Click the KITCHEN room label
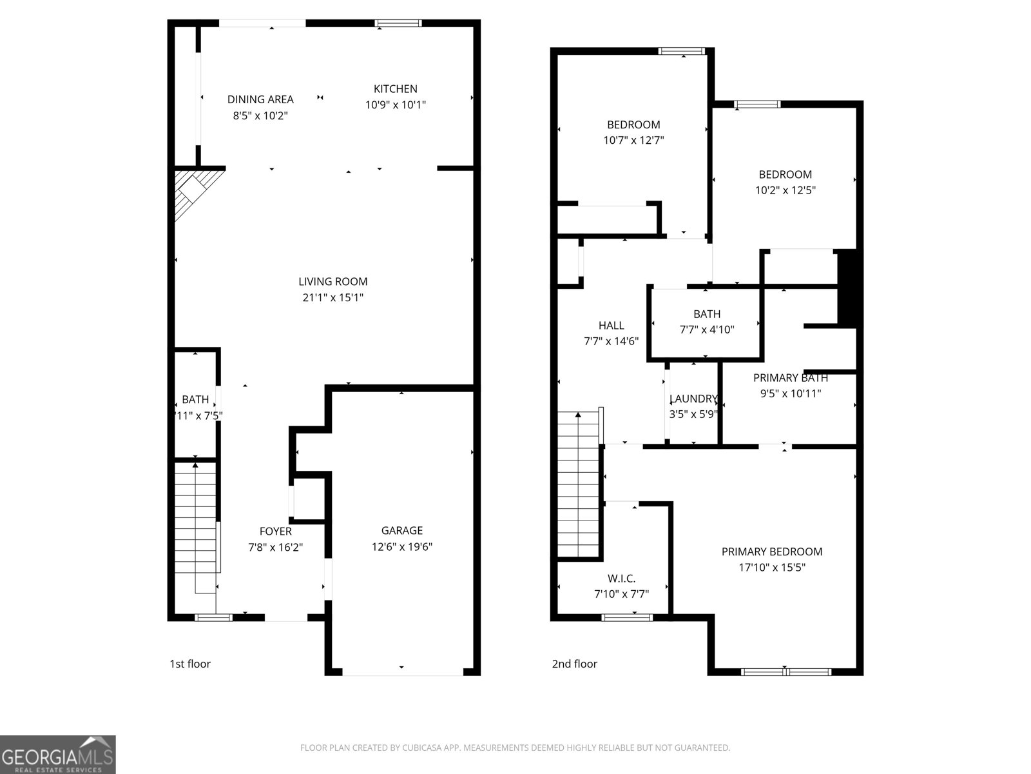click(396, 89)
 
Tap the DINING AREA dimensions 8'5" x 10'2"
click(260, 116)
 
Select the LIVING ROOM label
click(332, 281)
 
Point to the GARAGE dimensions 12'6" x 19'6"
click(401, 547)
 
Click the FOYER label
click(275, 531)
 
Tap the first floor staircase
click(195, 526)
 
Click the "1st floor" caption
click(189, 664)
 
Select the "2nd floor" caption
click(574, 664)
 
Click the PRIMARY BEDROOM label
click(771, 551)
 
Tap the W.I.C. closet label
click(621, 579)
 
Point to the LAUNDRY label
click(693, 399)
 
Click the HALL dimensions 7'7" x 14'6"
click(611, 341)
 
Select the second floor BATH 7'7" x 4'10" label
click(707, 314)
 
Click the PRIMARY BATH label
click(790, 378)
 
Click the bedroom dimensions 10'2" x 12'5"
click(785, 190)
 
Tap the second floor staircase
click(579, 484)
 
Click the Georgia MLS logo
click(58, 755)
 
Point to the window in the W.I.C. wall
click(627, 617)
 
